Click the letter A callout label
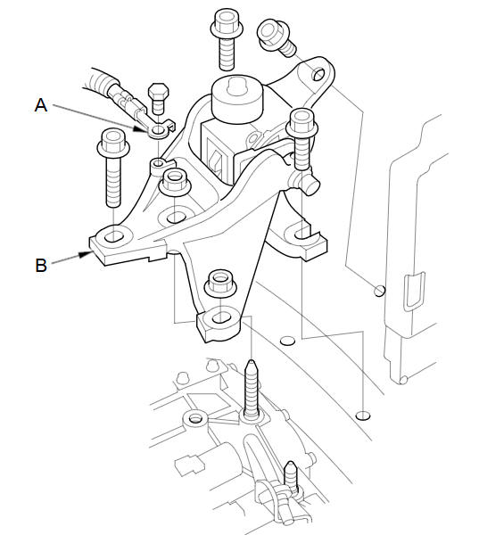pos(41,104)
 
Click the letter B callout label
pos(41,266)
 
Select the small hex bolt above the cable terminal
pos(158,98)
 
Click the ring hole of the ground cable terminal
pos(158,130)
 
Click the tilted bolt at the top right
pos(276,37)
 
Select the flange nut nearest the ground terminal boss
pos(175,181)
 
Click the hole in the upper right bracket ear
pos(318,74)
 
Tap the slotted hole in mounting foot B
pos(113,237)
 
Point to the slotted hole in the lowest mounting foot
pos(220,317)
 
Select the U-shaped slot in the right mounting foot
pos(303,234)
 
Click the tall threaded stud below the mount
pos(252,389)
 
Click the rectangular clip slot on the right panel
pos(415,291)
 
